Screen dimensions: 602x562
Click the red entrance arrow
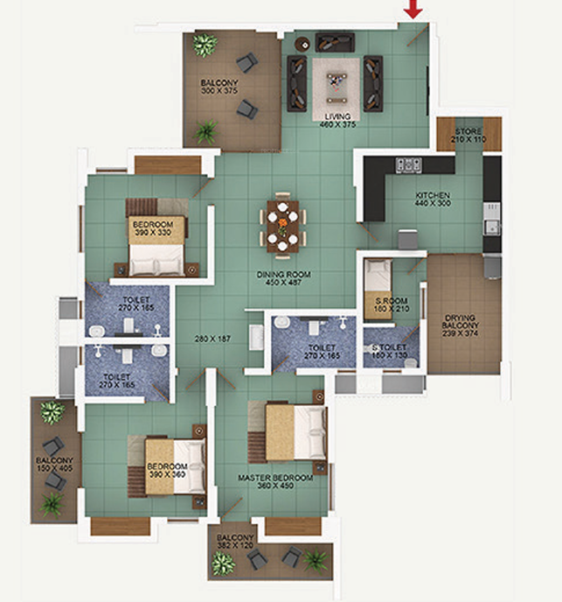413,10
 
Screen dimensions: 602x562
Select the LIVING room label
337,116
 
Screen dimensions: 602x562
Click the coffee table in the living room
335,84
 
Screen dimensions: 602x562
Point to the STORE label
468,131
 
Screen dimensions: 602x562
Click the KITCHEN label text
432,195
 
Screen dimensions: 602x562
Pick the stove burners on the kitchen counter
410,164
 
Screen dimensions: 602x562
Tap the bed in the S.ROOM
380,283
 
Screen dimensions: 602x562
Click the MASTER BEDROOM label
276,478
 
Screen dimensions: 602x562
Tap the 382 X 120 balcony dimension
236,546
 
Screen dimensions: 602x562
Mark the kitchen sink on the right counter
493,227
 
